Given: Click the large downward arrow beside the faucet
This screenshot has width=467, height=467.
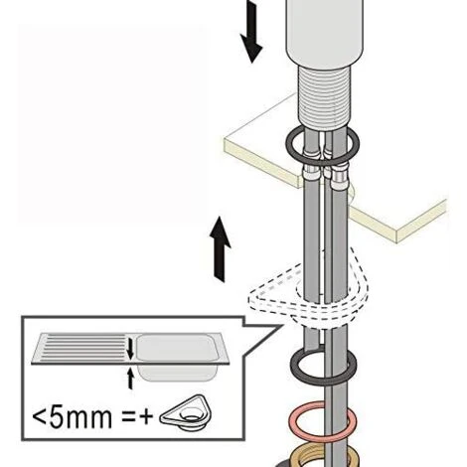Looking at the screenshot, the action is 251,32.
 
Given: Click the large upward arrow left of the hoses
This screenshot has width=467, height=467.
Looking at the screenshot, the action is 220,249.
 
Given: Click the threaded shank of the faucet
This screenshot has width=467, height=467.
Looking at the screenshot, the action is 323,96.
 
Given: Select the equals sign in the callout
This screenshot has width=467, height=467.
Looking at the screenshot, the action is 128,417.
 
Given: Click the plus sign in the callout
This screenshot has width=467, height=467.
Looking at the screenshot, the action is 145,417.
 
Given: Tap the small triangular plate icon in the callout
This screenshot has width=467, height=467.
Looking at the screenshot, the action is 187,412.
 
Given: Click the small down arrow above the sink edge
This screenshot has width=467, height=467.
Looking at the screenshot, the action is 130,348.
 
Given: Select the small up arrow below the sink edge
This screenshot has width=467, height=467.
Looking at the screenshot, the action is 131,379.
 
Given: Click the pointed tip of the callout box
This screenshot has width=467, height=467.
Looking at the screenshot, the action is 282,326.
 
